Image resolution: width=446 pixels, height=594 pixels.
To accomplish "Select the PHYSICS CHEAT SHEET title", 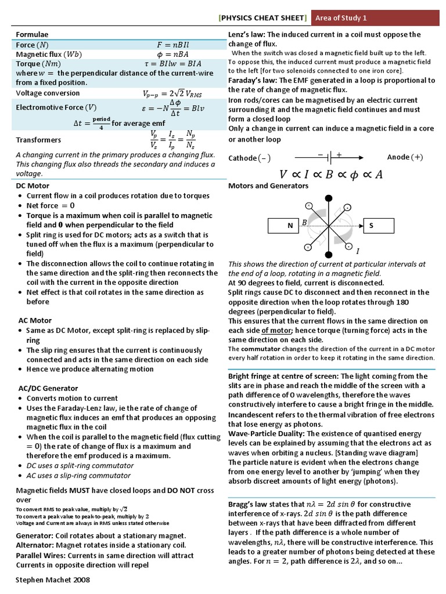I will tap(263, 18).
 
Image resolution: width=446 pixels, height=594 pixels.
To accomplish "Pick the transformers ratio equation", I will tap(172, 140).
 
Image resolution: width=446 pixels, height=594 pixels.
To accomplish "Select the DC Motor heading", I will tap(33, 186).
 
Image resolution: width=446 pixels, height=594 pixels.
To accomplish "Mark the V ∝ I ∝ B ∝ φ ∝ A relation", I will tap(331, 174).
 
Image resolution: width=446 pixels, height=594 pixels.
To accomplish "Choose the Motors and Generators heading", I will tap(268, 186).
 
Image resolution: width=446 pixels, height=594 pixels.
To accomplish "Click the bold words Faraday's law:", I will tap(253, 81).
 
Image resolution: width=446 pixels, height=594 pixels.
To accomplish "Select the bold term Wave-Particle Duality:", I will tap(267, 433).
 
